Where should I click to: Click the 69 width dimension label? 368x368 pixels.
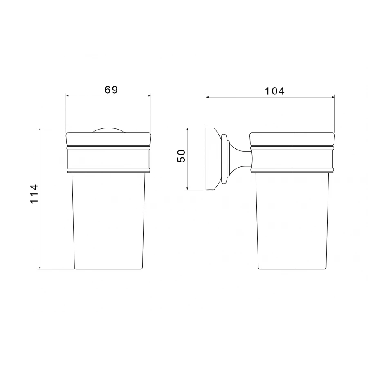111,90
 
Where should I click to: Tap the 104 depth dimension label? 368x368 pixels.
275,91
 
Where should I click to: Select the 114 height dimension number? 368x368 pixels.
34,194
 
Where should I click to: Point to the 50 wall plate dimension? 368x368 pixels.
181,156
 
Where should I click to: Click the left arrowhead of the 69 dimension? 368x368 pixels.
67,96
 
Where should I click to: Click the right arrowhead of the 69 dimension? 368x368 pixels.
150,96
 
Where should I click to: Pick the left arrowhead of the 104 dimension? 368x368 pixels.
207,97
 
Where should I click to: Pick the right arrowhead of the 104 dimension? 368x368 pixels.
333,97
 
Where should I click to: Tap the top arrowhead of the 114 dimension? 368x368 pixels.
40,129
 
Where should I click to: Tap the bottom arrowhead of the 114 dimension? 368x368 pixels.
40,267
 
